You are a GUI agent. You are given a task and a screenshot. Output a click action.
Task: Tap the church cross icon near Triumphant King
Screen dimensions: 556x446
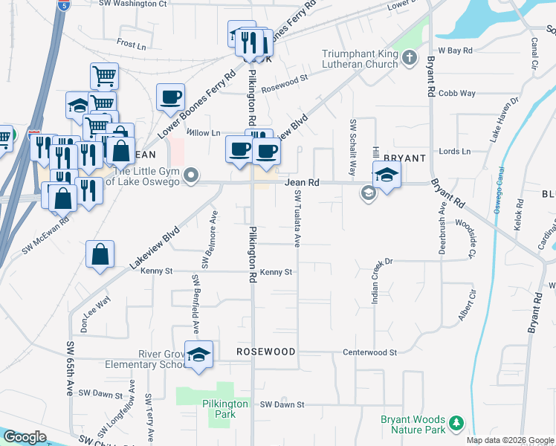[409, 58]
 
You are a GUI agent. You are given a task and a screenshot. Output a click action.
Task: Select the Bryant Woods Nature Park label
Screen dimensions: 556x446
[413, 424]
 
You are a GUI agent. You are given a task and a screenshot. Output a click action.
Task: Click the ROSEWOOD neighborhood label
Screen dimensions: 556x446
[265, 351]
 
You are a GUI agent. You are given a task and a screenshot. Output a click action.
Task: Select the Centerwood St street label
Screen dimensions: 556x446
[369, 352]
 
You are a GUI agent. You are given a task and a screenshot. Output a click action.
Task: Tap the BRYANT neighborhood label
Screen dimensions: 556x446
[404, 158]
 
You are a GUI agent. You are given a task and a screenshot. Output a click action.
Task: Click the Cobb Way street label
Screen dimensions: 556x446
[456, 93]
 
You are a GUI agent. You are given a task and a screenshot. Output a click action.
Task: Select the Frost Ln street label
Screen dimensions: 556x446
[131, 45]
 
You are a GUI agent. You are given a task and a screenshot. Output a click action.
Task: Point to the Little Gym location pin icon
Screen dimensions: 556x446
[192, 175]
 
